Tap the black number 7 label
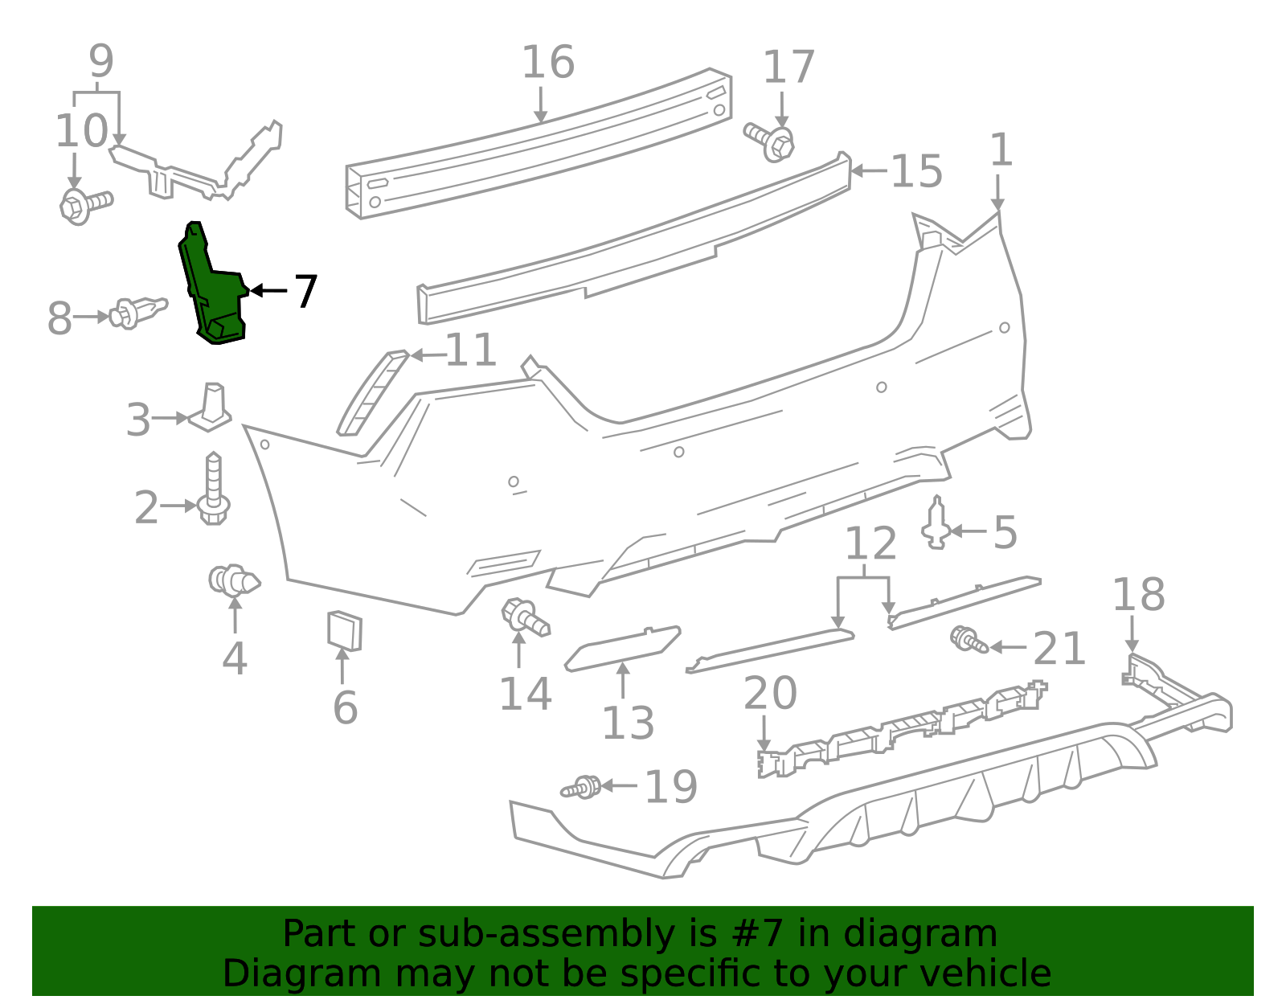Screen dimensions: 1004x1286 point(305,291)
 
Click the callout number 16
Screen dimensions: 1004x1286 point(548,63)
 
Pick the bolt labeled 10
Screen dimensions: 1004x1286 point(84,204)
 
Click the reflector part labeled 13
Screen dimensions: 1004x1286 point(622,648)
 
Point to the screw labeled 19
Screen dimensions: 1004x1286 point(582,787)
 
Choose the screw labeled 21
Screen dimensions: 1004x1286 point(969,641)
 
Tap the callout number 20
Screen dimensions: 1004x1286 point(770,693)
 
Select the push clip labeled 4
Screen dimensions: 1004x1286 point(233,580)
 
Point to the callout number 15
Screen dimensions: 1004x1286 point(916,172)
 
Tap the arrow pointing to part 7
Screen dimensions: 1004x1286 point(268,290)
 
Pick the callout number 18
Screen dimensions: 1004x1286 point(1138,596)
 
